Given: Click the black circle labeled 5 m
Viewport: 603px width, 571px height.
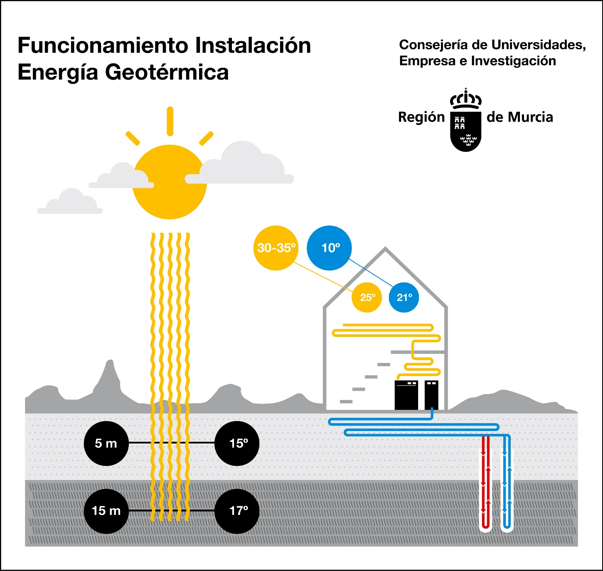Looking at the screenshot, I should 106,444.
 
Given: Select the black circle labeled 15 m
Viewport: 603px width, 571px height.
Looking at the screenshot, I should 106,511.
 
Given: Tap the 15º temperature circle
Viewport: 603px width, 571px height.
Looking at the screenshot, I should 237,444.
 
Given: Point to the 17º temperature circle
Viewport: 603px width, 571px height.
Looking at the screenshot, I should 237,511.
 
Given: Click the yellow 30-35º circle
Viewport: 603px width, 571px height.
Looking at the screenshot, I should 276,248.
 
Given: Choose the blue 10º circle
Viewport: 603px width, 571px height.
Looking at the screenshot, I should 330,248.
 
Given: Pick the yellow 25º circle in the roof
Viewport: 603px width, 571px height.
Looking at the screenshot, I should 367,297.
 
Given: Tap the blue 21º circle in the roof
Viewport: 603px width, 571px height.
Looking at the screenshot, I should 404,297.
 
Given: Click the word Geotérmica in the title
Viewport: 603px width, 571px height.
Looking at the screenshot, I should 167,72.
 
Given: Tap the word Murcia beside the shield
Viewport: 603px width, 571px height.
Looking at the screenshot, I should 530,117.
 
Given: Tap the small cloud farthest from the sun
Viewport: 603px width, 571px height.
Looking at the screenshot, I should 71,203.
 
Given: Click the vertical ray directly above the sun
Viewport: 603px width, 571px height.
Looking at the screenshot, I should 170,121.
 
